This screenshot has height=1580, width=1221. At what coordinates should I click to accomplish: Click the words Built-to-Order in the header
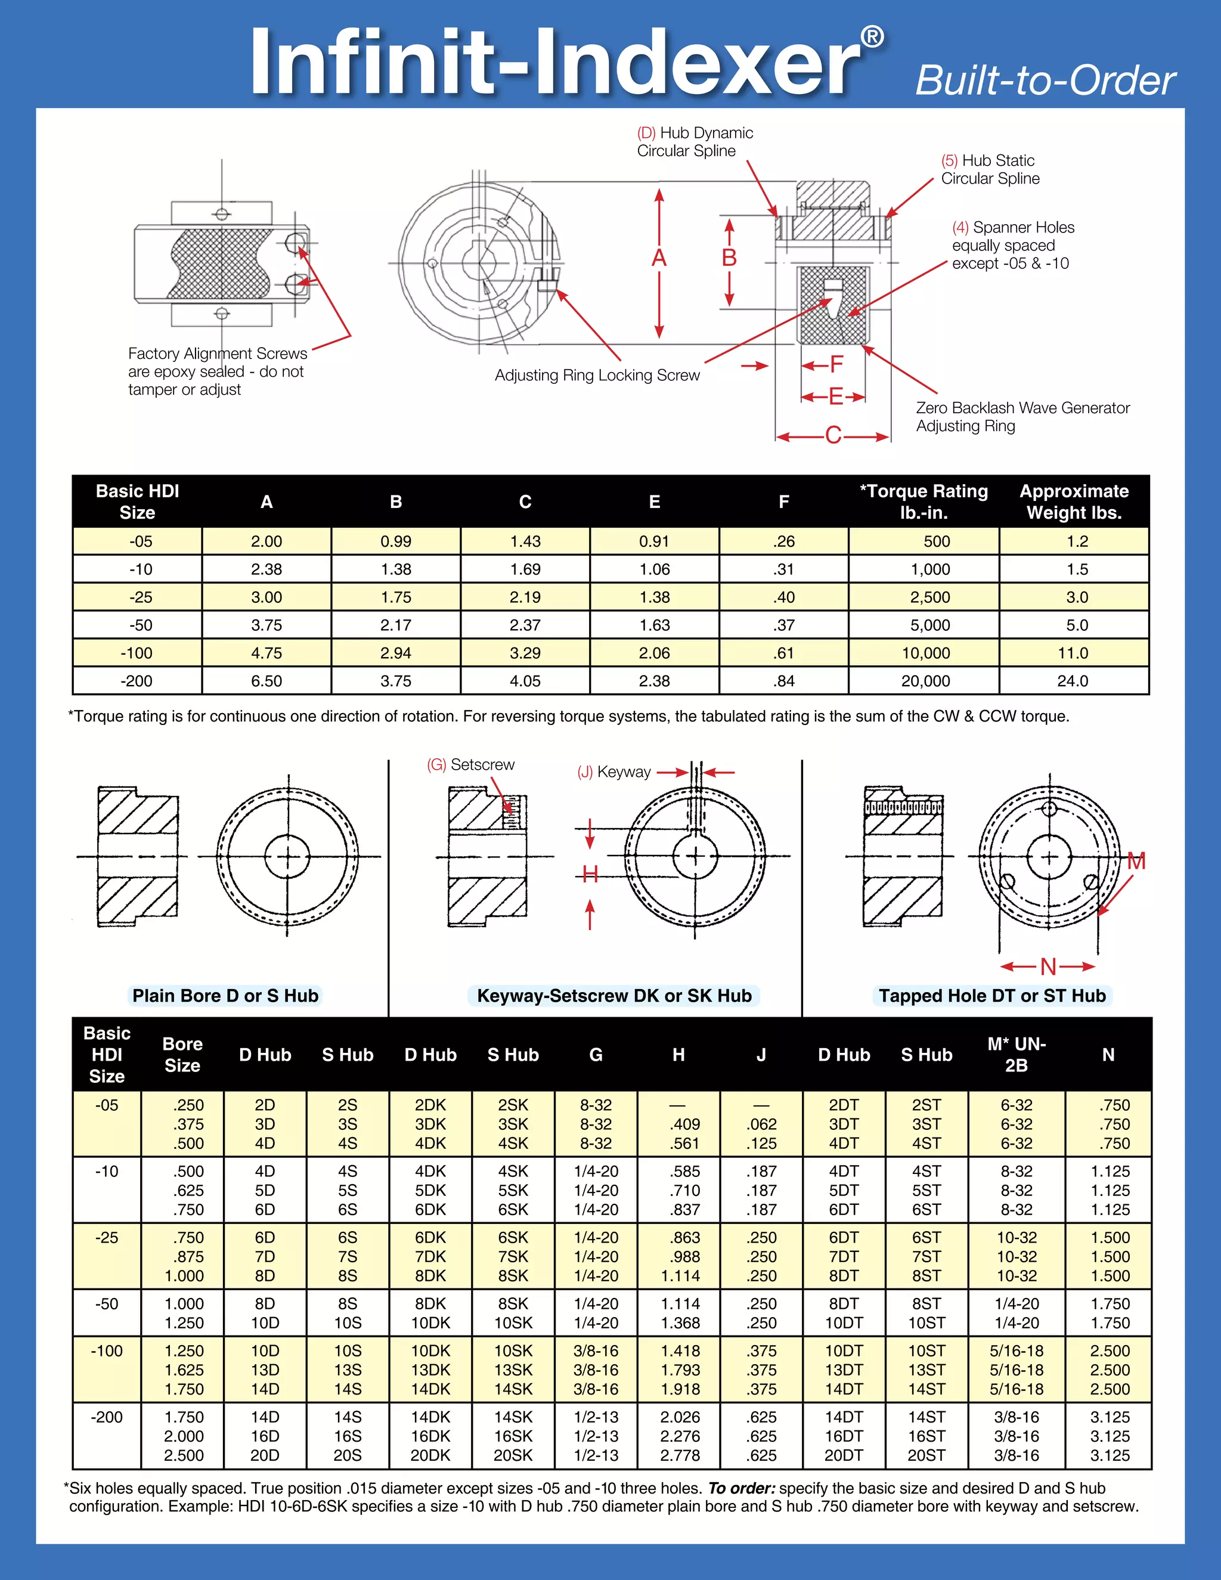tap(1045, 80)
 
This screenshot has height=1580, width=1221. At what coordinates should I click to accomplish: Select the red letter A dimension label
tap(659, 258)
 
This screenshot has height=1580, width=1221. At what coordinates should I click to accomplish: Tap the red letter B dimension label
tap(729, 258)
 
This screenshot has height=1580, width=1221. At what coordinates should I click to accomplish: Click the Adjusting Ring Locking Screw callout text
tap(597, 375)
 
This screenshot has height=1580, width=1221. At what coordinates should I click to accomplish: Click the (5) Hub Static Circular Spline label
tap(990, 169)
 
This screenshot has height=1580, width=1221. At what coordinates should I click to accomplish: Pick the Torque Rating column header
tap(923, 501)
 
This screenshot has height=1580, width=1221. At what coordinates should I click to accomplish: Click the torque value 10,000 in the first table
tap(925, 653)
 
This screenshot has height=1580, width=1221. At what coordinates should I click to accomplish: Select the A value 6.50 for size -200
tap(266, 681)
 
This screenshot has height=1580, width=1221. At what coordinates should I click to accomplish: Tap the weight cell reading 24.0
tap(1073, 681)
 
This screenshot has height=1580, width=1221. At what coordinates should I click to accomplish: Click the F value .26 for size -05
tap(783, 541)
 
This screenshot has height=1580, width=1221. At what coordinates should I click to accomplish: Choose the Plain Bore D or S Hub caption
tap(225, 996)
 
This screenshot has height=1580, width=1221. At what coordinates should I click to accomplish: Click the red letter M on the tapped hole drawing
tap(1136, 861)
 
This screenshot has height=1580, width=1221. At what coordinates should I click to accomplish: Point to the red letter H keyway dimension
tap(590, 875)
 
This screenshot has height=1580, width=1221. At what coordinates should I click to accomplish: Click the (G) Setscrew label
tap(471, 765)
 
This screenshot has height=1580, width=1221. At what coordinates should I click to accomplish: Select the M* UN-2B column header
tap(1017, 1054)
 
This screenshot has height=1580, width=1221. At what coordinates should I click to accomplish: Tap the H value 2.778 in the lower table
tap(679, 1455)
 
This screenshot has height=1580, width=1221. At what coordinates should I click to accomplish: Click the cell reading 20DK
tap(430, 1455)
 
